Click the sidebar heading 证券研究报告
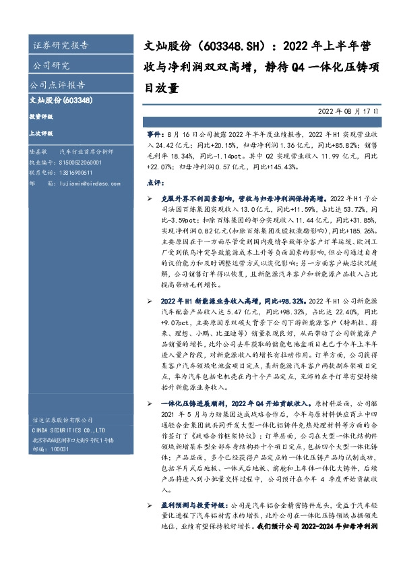click(x=60, y=46)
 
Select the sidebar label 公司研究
click(x=51, y=65)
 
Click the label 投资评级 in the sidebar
click(x=41, y=117)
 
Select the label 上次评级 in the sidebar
click(x=41, y=134)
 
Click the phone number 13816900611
click(x=76, y=173)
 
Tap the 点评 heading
click(x=154, y=182)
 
